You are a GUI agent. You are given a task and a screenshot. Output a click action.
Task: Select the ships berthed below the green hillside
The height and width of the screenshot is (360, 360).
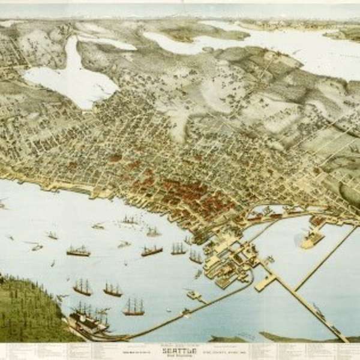(x=90, y=318)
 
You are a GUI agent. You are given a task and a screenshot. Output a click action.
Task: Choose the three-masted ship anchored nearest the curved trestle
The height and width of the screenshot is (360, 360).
(x=134, y=307)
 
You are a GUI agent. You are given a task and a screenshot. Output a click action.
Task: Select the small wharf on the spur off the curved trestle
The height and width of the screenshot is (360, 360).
(x=193, y=295)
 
